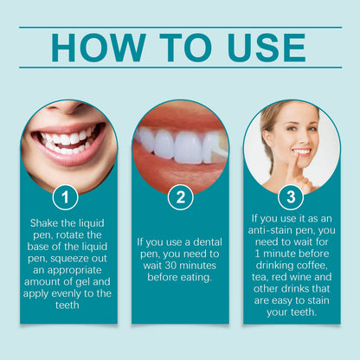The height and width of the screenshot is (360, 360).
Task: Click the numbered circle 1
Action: [x=65, y=197]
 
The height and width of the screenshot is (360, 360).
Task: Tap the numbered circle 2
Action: [x=180, y=197]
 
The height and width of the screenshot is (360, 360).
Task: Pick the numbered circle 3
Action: [x=291, y=197]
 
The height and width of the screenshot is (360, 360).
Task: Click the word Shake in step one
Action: [x=42, y=223]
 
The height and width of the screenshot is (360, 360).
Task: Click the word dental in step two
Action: [x=208, y=242]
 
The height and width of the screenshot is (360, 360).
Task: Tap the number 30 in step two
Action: [x=170, y=266]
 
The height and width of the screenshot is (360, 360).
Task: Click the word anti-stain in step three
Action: [x=270, y=230]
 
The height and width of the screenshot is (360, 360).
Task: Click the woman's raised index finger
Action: [x=293, y=167]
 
